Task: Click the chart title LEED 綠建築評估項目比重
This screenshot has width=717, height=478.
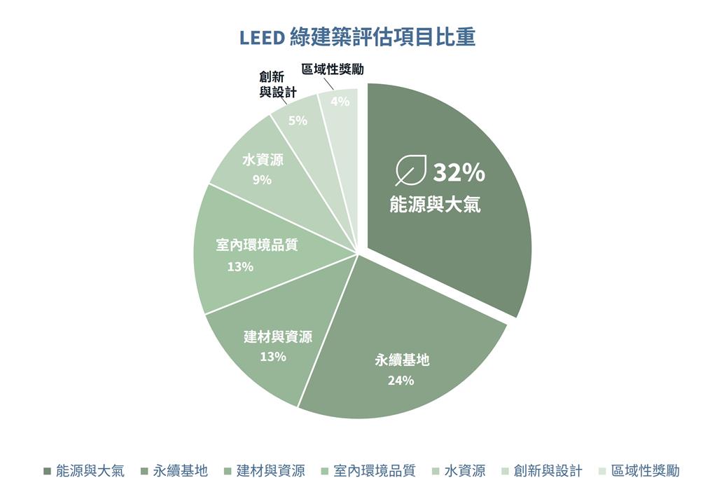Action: click(x=357, y=37)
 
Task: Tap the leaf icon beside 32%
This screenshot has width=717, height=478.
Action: click(x=410, y=170)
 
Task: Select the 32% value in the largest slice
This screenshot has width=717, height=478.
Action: click(x=459, y=172)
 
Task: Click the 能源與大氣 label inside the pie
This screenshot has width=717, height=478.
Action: click(x=435, y=204)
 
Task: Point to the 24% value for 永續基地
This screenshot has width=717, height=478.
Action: click(x=401, y=380)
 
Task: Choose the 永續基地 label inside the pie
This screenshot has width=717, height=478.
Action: click(x=403, y=360)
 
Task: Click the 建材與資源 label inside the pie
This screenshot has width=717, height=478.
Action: click(x=278, y=337)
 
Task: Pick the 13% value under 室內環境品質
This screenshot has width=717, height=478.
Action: click(x=241, y=266)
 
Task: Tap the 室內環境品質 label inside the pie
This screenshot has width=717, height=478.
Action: click(x=256, y=245)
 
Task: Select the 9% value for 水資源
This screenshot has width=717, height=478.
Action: click(x=262, y=180)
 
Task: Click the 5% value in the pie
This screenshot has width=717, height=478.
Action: click(x=298, y=121)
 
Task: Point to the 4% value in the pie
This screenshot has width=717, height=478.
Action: click(x=340, y=101)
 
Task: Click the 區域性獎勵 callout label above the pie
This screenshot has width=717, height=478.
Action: click(x=333, y=69)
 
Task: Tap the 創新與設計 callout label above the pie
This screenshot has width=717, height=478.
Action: click(x=278, y=85)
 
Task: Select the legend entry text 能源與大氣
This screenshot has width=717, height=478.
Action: click(x=90, y=470)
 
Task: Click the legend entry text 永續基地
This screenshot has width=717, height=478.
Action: click(x=180, y=470)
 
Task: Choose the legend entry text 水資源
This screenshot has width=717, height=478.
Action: click(x=465, y=470)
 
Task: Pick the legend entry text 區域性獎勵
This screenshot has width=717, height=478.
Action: click(x=645, y=470)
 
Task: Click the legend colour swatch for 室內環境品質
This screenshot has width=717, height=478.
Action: click(x=325, y=471)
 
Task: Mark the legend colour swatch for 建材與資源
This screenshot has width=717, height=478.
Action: click(x=228, y=471)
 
